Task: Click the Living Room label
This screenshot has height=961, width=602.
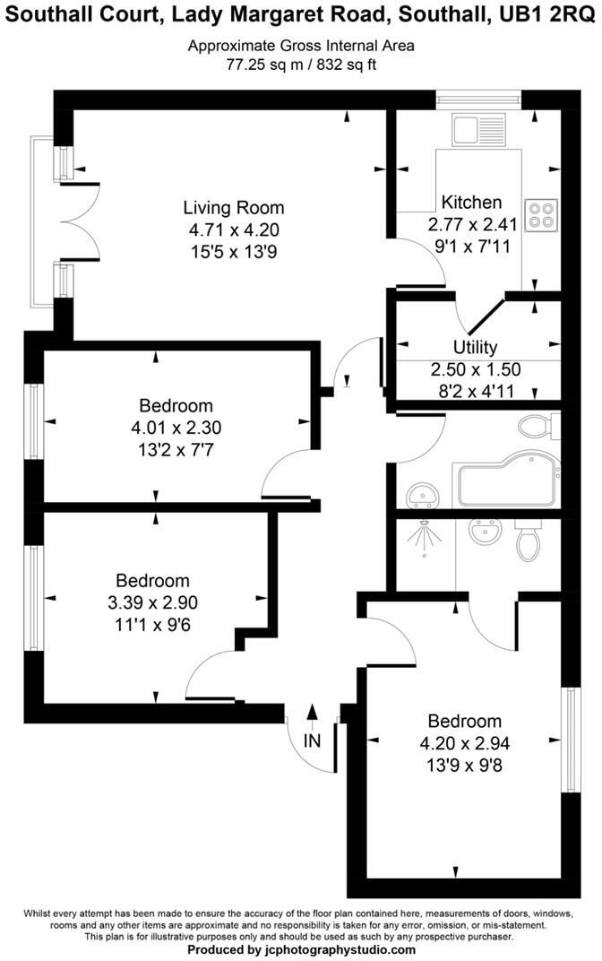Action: click(233, 207)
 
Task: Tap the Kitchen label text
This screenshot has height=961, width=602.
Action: click(471, 202)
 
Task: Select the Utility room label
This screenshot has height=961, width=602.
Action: click(475, 347)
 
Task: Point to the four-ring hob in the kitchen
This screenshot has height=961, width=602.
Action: click(541, 214)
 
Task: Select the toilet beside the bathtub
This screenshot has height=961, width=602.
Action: click(537, 427)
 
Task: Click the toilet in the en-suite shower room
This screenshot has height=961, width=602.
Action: click(526, 540)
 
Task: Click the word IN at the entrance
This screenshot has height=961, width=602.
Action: click(312, 741)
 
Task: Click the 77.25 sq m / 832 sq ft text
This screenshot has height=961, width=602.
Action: click(300, 64)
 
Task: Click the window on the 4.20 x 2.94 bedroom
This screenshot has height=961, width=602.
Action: click(565, 740)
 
